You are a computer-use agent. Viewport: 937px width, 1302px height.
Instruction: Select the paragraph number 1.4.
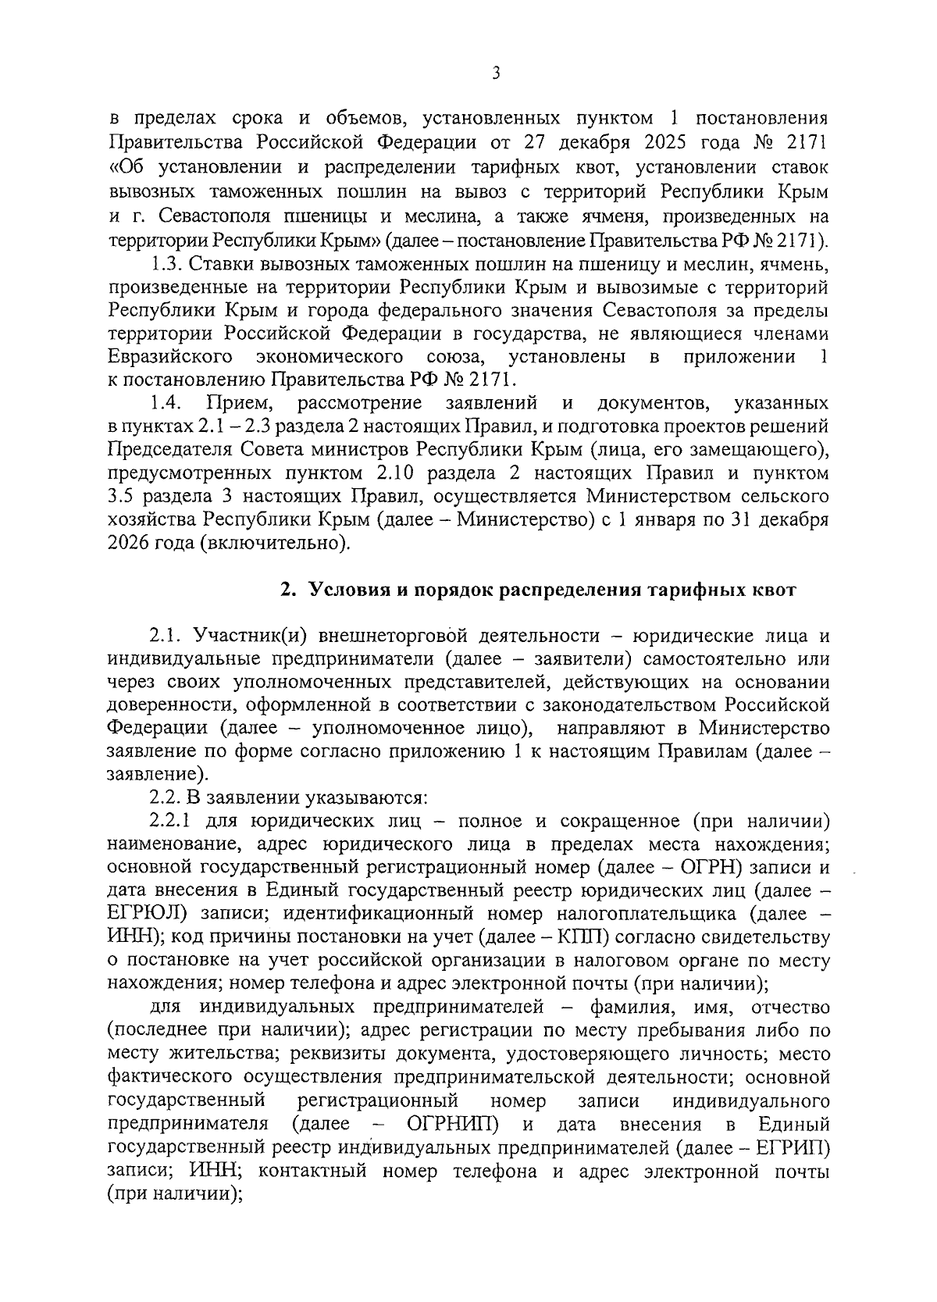point(166,403)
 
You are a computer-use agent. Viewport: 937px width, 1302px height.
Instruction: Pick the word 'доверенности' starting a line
point(169,705)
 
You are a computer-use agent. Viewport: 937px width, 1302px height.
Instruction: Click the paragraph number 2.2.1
point(172,822)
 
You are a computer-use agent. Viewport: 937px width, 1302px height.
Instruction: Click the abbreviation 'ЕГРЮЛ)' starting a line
point(147,915)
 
